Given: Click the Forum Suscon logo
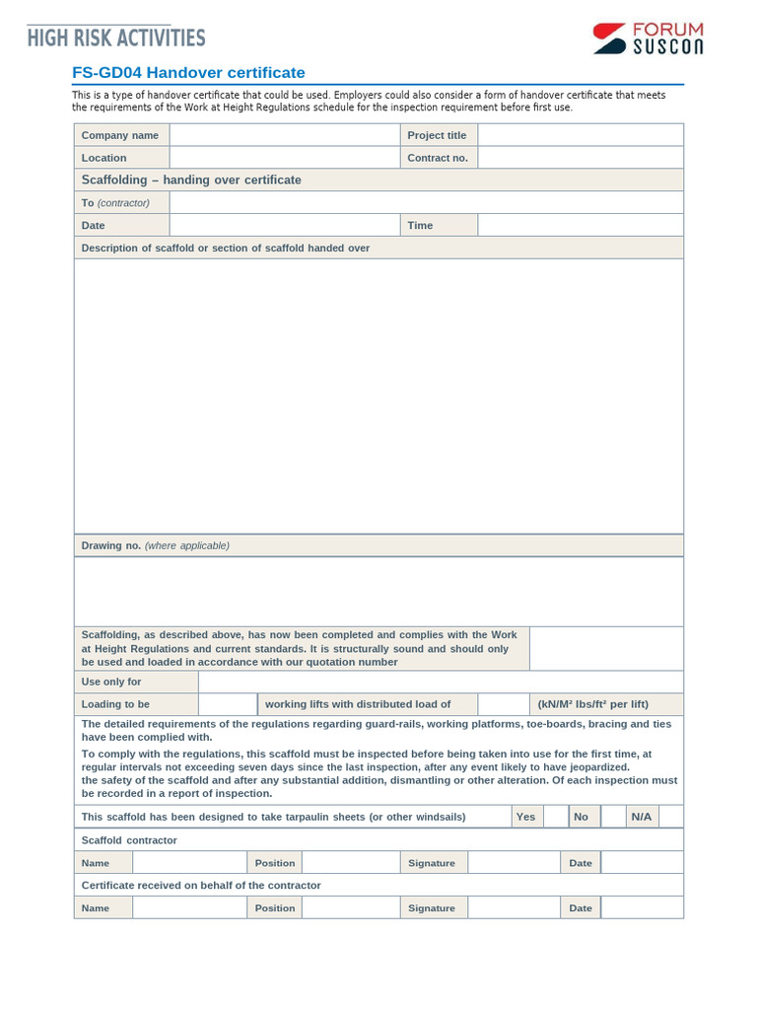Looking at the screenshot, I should [648, 38].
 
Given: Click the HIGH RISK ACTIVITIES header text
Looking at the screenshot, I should [116, 38].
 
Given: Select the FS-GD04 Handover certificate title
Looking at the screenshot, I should [188, 72].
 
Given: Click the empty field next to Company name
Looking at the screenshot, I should [284, 135].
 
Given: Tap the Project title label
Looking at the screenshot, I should [437, 135].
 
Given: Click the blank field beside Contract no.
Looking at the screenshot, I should [580, 158].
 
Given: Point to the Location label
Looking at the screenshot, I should [103, 158].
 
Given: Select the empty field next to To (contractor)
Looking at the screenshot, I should [426, 202].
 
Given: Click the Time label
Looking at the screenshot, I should [420, 225].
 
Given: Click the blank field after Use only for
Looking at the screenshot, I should [440, 682].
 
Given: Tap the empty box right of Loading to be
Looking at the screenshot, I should [228, 704].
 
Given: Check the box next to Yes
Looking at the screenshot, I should [556, 817].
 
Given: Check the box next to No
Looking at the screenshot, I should [613, 817].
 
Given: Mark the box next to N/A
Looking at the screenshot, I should [671, 817].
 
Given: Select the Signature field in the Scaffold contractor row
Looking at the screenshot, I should [514, 863].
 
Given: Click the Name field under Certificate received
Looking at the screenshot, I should [189, 907].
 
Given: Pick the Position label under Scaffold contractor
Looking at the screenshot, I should [275, 863].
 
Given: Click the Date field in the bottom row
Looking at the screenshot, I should [642, 907].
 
